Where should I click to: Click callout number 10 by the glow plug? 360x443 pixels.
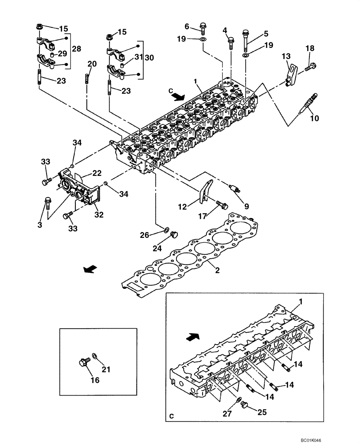315,118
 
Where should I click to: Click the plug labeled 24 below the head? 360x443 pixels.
174,233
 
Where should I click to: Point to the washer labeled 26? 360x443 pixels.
166,229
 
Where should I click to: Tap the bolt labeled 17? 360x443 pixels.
223,205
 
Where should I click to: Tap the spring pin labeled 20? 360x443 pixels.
87,81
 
